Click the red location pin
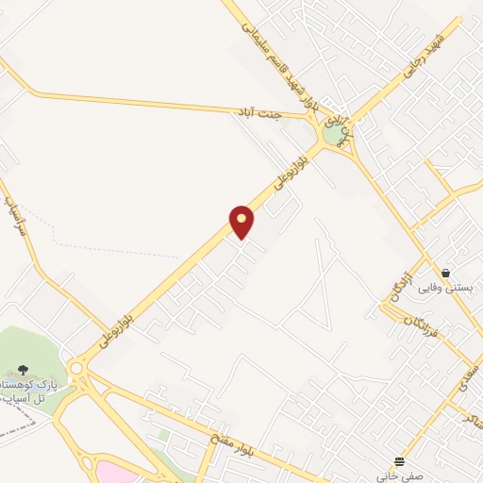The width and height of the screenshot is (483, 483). click(x=241, y=223)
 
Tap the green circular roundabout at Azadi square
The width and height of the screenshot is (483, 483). click(x=332, y=135)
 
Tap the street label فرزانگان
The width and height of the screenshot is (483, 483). click(x=419, y=327)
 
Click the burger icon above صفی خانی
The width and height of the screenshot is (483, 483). click(x=400, y=461)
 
